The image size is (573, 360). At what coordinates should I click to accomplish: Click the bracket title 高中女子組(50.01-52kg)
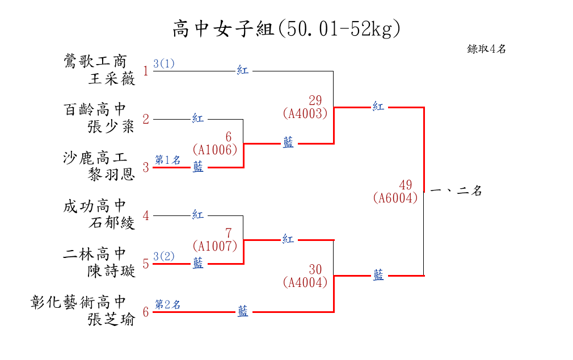point(286,28)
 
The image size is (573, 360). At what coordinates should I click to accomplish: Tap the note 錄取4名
point(486,49)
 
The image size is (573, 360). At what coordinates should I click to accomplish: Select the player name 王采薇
point(112,79)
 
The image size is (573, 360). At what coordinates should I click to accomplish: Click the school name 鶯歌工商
point(95,61)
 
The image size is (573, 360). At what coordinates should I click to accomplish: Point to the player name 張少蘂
point(111,126)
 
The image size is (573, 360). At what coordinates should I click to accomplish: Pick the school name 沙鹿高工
point(95,158)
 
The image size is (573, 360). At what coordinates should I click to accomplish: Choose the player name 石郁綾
point(112,223)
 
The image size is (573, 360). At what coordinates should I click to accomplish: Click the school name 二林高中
point(95,254)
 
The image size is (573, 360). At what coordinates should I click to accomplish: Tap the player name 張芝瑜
point(111,320)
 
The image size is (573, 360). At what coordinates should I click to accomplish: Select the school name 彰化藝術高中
point(78,302)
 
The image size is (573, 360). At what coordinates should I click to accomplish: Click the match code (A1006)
point(214,150)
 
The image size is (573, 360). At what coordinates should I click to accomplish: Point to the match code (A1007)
point(214,246)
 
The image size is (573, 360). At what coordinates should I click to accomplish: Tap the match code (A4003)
point(305,113)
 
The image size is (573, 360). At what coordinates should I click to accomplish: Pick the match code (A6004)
point(396,198)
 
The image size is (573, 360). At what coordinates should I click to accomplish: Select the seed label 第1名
point(168,160)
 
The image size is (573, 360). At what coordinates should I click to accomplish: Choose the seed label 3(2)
point(164,256)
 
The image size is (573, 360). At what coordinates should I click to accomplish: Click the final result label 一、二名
point(456,191)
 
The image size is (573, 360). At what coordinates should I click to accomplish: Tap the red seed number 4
point(146,215)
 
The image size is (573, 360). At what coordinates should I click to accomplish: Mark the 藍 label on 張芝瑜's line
point(243,312)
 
